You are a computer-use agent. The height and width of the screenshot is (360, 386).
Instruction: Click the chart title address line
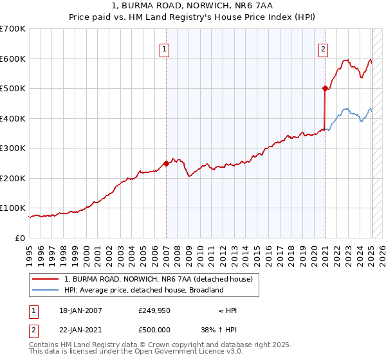point(192,6)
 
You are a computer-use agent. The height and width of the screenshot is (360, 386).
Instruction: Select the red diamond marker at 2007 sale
point(166,163)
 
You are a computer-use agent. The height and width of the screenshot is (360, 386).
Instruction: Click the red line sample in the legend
point(46,279)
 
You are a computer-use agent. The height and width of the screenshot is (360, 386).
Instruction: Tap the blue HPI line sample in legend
point(46,290)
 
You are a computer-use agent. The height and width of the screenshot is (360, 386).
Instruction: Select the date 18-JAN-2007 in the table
point(80,310)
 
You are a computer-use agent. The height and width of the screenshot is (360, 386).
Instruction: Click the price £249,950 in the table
point(154,310)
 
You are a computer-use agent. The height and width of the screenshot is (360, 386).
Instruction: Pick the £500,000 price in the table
point(154,330)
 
